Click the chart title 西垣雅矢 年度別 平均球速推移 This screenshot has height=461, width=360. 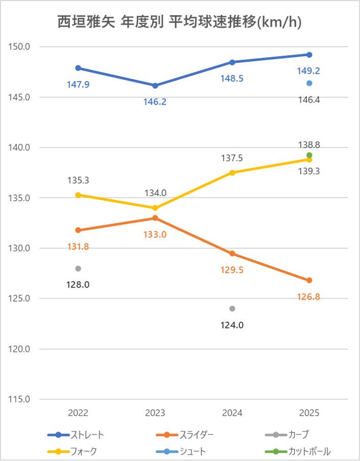[180, 22]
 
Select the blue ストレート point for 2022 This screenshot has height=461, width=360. [78, 68]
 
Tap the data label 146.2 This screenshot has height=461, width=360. [155, 102]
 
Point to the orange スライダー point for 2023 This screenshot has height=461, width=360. [155, 218]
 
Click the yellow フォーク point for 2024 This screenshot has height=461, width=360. [232, 173]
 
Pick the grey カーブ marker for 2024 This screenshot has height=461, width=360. [232, 308]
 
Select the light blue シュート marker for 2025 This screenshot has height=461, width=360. [309, 83]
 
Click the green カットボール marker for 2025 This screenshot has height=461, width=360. [309, 155]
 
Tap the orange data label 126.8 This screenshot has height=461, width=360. [309, 296]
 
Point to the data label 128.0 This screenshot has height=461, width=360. [78, 284]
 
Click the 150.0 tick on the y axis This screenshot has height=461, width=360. [20, 47]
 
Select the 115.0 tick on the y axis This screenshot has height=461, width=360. [20, 399]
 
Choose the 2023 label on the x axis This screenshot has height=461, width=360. [155, 413]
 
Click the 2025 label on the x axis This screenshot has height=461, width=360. [309, 413]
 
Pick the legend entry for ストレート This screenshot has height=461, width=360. [77, 435]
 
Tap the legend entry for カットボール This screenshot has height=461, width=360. [301, 451]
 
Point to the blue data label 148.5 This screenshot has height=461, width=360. [232, 78]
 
